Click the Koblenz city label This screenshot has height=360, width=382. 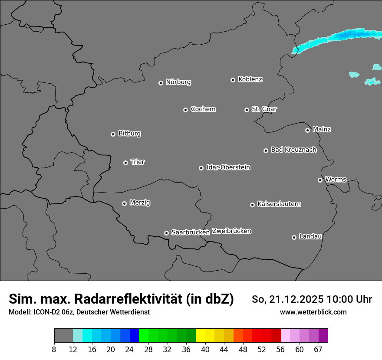pyautogui.click(x=250, y=79)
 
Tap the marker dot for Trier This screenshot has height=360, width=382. pyautogui.click(x=126, y=163)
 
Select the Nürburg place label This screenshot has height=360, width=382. pyautogui.click(x=178, y=82)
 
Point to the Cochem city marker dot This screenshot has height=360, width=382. pyautogui.click(x=185, y=110)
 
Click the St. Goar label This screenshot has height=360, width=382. pyautogui.click(x=264, y=109)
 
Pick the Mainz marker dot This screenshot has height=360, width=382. pyautogui.click(x=307, y=130)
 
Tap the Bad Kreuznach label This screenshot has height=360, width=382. pyautogui.click(x=293, y=150)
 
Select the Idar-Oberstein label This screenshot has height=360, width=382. pyautogui.click(x=228, y=167)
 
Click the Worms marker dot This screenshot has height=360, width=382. pyautogui.click(x=320, y=180)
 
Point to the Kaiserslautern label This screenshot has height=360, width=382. pyautogui.click(x=279, y=204)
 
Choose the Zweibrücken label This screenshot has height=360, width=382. pyautogui.click(x=231, y=231)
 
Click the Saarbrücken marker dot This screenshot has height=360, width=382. pyautogui.click(x=166, y=233)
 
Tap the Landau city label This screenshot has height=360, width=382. pyautogui.click(x=310, y=236)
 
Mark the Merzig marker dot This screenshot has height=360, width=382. pyautogui.click(x=124, y=203)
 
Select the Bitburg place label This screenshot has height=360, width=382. pyautogui.click(x=129, y=134)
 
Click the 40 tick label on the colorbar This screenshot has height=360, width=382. pyautogui.click(x=205, y=349)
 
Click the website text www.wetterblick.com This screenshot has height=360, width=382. pyautogui.click(x=313, y=312)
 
